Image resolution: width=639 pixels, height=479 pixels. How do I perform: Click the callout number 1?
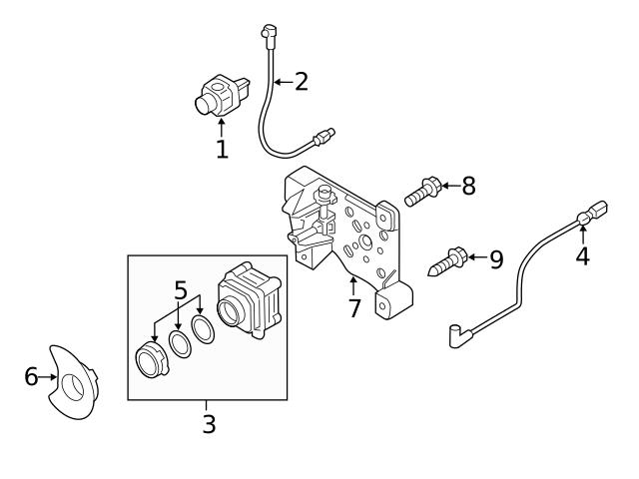pos(222,150)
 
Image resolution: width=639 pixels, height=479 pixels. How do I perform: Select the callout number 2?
pos(300,81)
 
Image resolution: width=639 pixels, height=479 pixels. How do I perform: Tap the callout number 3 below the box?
pos(208,424)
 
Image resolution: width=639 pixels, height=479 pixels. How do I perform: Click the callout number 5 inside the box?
pos(180,290)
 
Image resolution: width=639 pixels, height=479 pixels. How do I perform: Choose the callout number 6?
pos(31,376)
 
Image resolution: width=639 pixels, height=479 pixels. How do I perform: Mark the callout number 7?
pos(353,308)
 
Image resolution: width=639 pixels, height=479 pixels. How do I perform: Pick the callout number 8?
pos(467,186)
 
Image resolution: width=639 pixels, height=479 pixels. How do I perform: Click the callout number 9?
pos(494,259)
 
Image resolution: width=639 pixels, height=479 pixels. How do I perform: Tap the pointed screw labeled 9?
pos(449,261)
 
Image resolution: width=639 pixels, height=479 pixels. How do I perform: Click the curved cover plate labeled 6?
pos(75,382)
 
